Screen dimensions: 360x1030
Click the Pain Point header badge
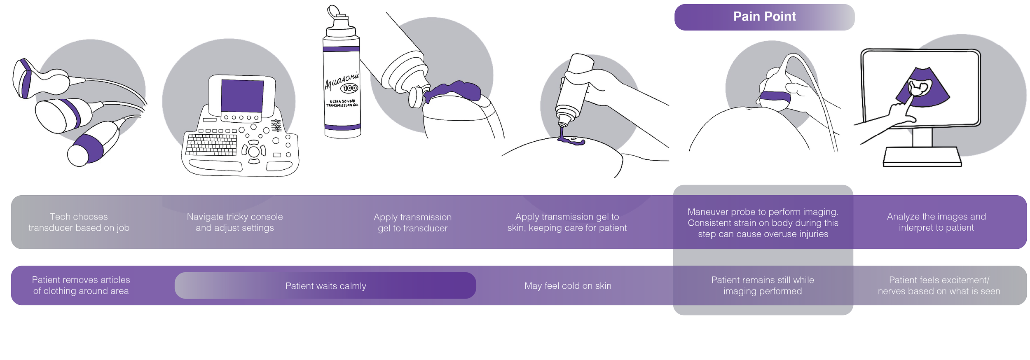pyautogui.click(x=764, y=17)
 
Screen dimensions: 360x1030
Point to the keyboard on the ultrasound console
pyautogui.click(x=211, y=145)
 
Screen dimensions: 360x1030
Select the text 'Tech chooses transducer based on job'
pyautogui.click(x=79, y=222)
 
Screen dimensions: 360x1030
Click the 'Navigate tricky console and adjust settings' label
pyautogui.click(x=235, y=222)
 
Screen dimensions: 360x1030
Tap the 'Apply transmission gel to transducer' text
pyautogui.click(x=412, y=223)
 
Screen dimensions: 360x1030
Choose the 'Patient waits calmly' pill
pyautogui.click(x=325, y=286)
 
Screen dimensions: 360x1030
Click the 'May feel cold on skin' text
pyautogui.click(x=568, y=286)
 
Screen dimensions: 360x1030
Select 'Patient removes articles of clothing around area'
pyautogui.click(x=81, y=285)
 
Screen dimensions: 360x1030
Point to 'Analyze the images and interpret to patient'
pyautogui.click(x=936, y=222)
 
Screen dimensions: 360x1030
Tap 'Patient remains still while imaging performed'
pyautogui.click(x=763, y=285)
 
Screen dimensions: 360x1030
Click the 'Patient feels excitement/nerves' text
pyautogui.click(x=939, y=285)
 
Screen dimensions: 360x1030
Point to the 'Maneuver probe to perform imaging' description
pyautogui.click(x=763, y=223)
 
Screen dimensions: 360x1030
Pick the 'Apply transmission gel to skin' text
pyautogui.click(x=567, y=222)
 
